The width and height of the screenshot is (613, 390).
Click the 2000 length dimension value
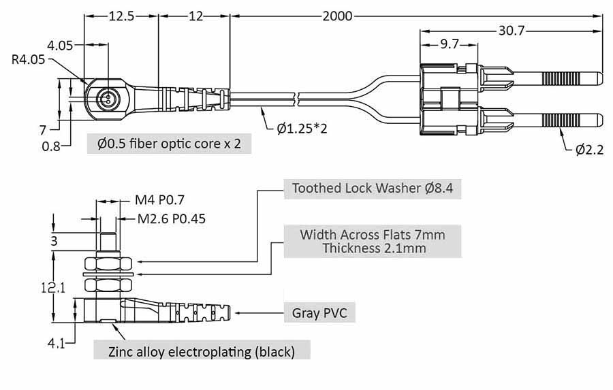point(338,16)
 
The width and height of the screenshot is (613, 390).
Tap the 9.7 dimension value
point(449,45)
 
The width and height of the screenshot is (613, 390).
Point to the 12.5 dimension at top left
point(121,16)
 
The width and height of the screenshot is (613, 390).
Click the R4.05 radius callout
point(28,60)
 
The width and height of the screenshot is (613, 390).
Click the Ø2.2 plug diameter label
point(589,150)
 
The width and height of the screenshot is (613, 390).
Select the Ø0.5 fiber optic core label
point(169,144)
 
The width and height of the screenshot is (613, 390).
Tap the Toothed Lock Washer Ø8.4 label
point(372,188)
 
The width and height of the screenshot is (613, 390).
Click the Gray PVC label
point(319,313)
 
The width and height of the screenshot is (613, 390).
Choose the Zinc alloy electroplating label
point(202,352)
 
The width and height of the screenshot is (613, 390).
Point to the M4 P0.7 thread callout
point(160,200)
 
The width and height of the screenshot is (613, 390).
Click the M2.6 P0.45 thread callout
point(171,218)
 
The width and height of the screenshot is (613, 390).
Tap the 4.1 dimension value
point(56,344)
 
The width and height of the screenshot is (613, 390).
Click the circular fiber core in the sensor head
point(106,98)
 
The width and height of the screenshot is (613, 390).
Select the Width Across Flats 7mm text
point(372,235)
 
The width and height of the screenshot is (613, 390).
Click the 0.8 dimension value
point(50,146)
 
